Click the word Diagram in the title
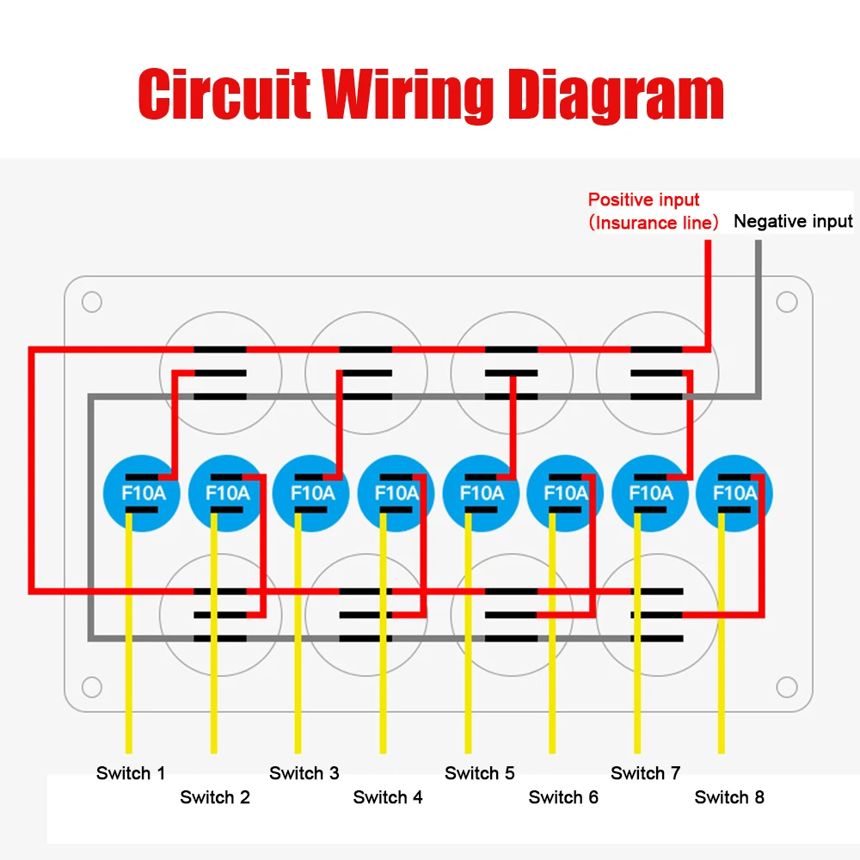616,95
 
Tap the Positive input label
644,200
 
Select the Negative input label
793,222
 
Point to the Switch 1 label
131,773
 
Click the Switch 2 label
215,797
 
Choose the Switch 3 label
304,773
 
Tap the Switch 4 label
388,797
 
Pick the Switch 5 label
480,773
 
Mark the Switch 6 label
563,797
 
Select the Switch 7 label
646,773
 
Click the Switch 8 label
729,797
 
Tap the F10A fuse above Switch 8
735,494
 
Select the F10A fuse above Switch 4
396,494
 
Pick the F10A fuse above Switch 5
482,494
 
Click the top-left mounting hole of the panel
91,303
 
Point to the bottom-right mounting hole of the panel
786,686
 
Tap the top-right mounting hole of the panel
786,303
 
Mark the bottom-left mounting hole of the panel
91,686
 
